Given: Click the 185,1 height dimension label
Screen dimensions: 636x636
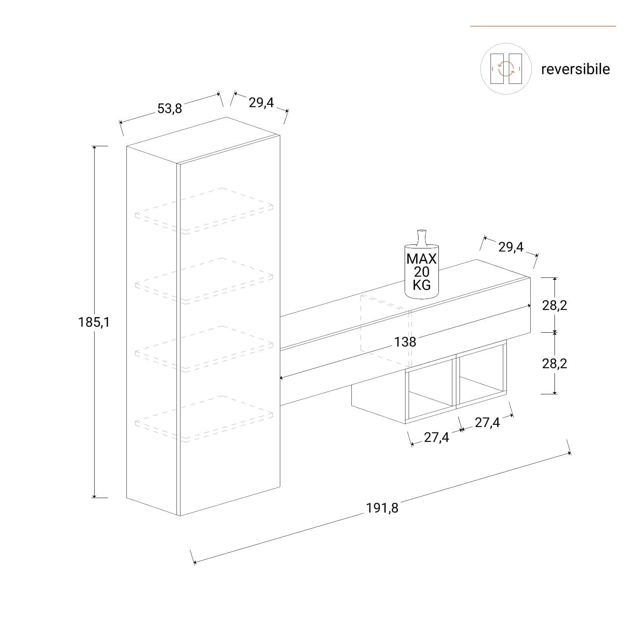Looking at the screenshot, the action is coord(94,322).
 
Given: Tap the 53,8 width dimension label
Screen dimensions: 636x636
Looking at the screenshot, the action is coord(170,108).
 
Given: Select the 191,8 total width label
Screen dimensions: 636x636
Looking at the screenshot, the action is coord(382,508).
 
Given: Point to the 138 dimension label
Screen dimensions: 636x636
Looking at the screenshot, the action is coord(405,342).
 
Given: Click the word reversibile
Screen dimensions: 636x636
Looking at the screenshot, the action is coord(575,69).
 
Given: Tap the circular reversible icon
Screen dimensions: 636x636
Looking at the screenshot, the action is coord(506,69).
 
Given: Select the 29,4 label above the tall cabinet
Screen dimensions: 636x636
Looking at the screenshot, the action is coord(261,103).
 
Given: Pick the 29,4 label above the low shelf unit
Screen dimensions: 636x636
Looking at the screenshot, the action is coord(511,247).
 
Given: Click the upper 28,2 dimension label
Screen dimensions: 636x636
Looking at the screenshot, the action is coord(555,305).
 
